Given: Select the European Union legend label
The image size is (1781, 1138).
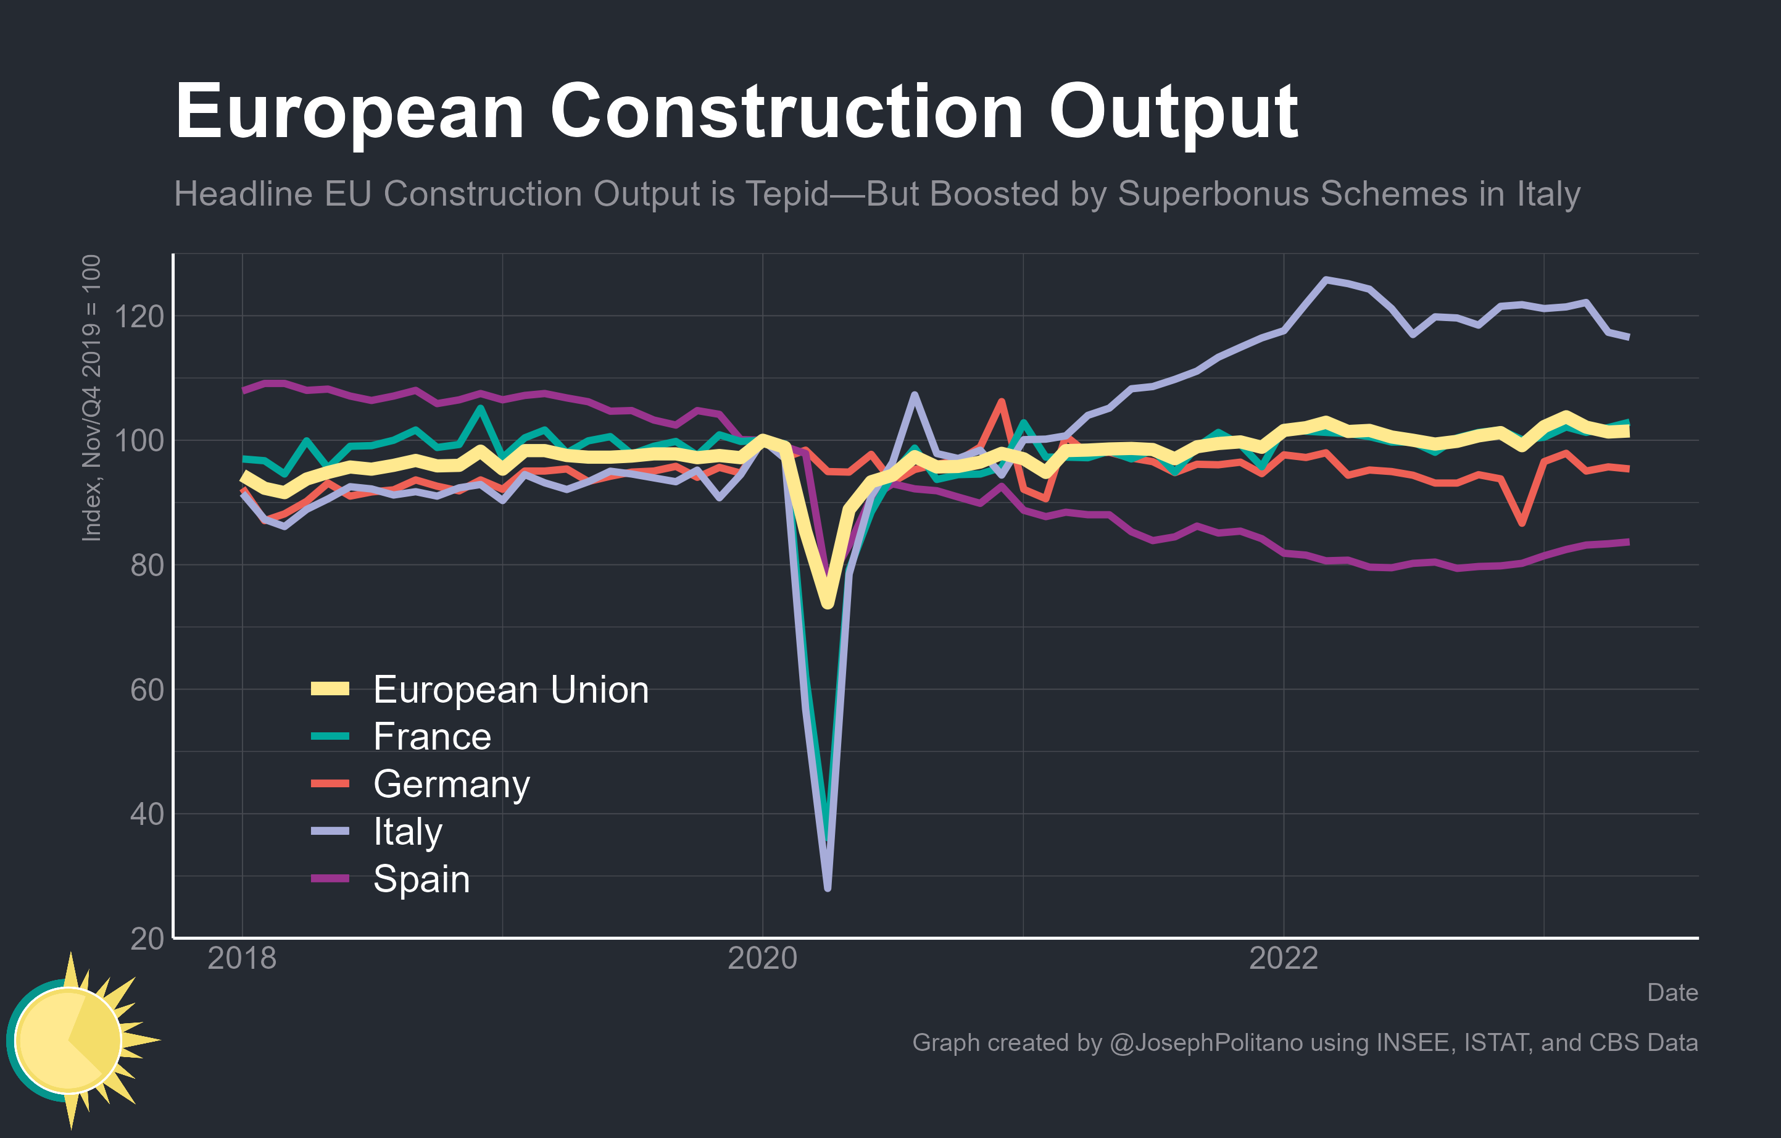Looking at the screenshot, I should [x=510, y=690].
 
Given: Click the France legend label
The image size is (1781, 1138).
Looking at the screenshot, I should [x=432, y=737].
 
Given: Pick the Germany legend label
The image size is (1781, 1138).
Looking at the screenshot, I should [x=451, y=784].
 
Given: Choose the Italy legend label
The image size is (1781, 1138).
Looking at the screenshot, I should [x=407, y=832].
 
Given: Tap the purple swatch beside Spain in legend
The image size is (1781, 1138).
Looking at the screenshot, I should [x=330, y=878].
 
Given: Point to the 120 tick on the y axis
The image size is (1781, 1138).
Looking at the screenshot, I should [x=139, y=317].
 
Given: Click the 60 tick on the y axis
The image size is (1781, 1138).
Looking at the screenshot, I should [x=146, y=690].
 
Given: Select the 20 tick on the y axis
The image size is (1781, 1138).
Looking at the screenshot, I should [x=146, y=938].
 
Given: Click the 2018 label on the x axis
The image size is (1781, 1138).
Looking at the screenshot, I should [x=242, y=958].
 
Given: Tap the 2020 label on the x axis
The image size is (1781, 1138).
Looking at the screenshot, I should [x=763, y=958].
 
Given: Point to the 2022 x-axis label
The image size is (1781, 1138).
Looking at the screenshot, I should [x=1283, y=958].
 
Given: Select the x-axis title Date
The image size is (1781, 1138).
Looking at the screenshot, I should [x=1672, y=992].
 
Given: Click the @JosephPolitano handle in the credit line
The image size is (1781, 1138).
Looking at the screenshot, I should [x=1206, y=1042].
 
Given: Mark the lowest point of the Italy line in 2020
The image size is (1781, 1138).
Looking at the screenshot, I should [x=828, y=887].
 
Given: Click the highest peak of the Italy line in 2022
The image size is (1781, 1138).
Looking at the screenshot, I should [x=1326, y=280].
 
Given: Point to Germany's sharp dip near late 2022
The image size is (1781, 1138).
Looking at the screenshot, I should [x=1521, y=523].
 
